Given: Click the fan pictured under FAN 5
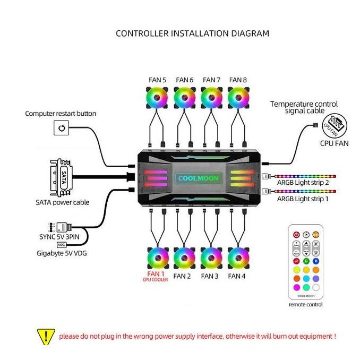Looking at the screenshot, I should point(157,99).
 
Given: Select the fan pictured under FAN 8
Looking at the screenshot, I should point(238,99).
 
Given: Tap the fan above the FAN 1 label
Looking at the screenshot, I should point(157,259).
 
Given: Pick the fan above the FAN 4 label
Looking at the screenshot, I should point(238,259).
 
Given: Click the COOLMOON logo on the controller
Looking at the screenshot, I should point(198,178).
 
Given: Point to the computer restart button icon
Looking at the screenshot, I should point(62,128).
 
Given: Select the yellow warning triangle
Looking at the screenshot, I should point(46,336).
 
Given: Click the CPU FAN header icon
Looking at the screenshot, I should point(333,126).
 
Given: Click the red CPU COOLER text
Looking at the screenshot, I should point(156,280).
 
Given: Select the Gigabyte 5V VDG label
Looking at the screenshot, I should point(61,253).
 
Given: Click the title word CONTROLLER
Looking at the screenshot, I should point(142,33).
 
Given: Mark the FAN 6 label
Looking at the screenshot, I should point(184,80).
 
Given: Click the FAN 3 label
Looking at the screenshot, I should point(210,276).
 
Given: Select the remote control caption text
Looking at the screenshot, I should point(305,304).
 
